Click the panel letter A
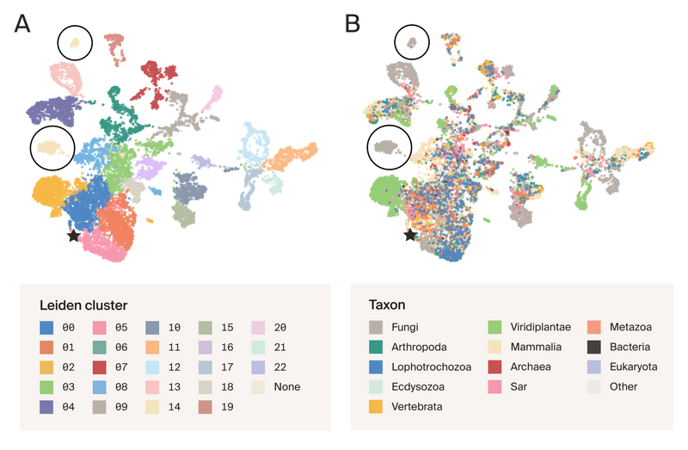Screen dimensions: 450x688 click(21, 23)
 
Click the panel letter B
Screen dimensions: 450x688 click(353, 23)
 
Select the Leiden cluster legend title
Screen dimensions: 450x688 click(83, 305)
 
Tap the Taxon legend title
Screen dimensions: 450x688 click(387, 305)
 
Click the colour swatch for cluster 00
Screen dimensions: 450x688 click(46, 328)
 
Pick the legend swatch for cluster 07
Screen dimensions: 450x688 click(99, 367)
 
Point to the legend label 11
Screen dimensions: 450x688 click(174, 348)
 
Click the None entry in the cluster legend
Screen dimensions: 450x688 click(287, 387)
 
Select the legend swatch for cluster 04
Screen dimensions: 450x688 click(46, 407)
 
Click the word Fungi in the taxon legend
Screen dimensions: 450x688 click(404, 328)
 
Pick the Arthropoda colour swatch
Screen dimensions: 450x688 click(376, 348)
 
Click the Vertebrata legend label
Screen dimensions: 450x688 click(416, 407)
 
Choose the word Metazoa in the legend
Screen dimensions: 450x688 click(630, 328)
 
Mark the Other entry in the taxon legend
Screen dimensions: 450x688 click(623, 387)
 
